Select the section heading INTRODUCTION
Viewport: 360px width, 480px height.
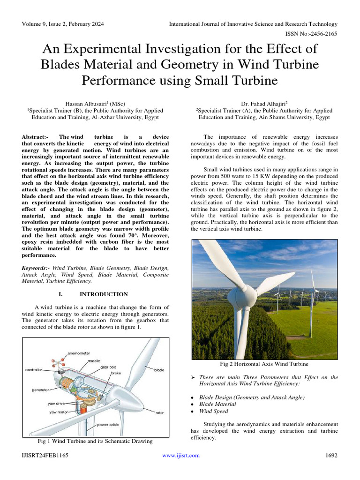coord(104,294)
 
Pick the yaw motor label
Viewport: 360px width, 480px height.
coord(60,412)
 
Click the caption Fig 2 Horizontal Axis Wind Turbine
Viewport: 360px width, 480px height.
coord(264,364)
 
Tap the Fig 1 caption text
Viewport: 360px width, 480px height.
coord(95,442)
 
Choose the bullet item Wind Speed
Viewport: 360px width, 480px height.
coord(214,412)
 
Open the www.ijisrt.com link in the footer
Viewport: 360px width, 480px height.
coord(180,456)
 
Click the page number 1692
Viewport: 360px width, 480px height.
coord(331,456)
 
